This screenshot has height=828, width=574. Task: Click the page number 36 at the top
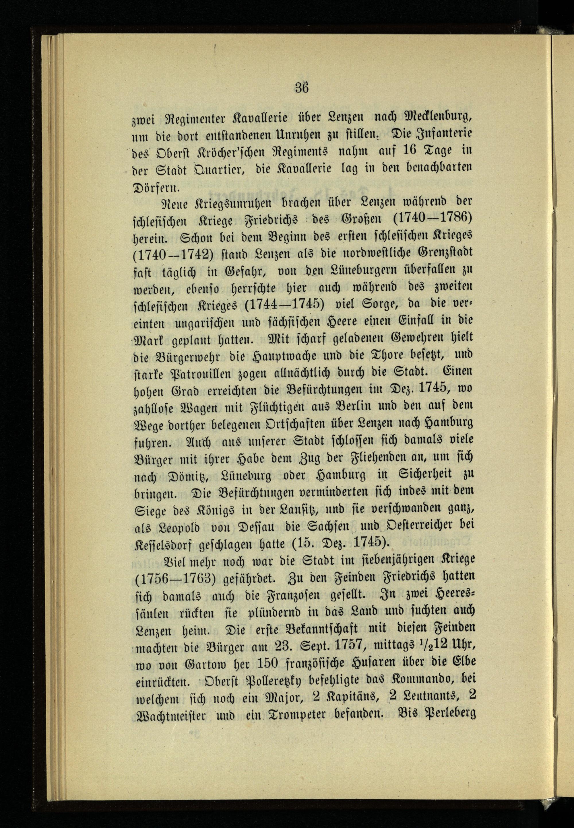(x=302, y=88)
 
